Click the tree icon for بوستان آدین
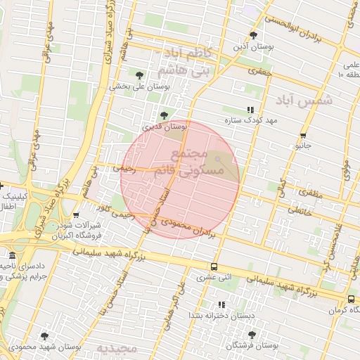[253, 34]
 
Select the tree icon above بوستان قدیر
[164, 115]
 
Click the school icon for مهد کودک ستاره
[250, 110]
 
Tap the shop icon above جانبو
[303, 136]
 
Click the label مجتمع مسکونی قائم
[197, 162]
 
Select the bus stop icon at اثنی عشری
[214, 266]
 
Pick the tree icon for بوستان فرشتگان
[252, 335]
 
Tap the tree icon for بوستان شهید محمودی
[45, 337]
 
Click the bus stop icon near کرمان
[332, 298]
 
